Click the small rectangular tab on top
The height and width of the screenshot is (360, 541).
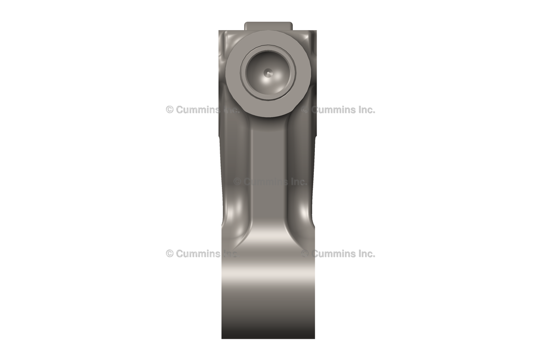(268, 26)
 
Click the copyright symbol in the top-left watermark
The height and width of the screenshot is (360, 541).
(170, 110)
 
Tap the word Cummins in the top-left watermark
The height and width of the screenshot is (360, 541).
(197, 110)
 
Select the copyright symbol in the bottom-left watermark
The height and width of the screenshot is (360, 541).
(170, 253)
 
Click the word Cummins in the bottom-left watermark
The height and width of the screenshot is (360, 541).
(197, 253)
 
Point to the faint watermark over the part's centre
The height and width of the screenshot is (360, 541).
(270, 182)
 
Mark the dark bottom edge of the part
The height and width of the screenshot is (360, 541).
(268, 335)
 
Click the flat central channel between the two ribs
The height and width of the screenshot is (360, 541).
(268, 158)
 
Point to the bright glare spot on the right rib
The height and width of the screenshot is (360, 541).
(303, 210)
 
